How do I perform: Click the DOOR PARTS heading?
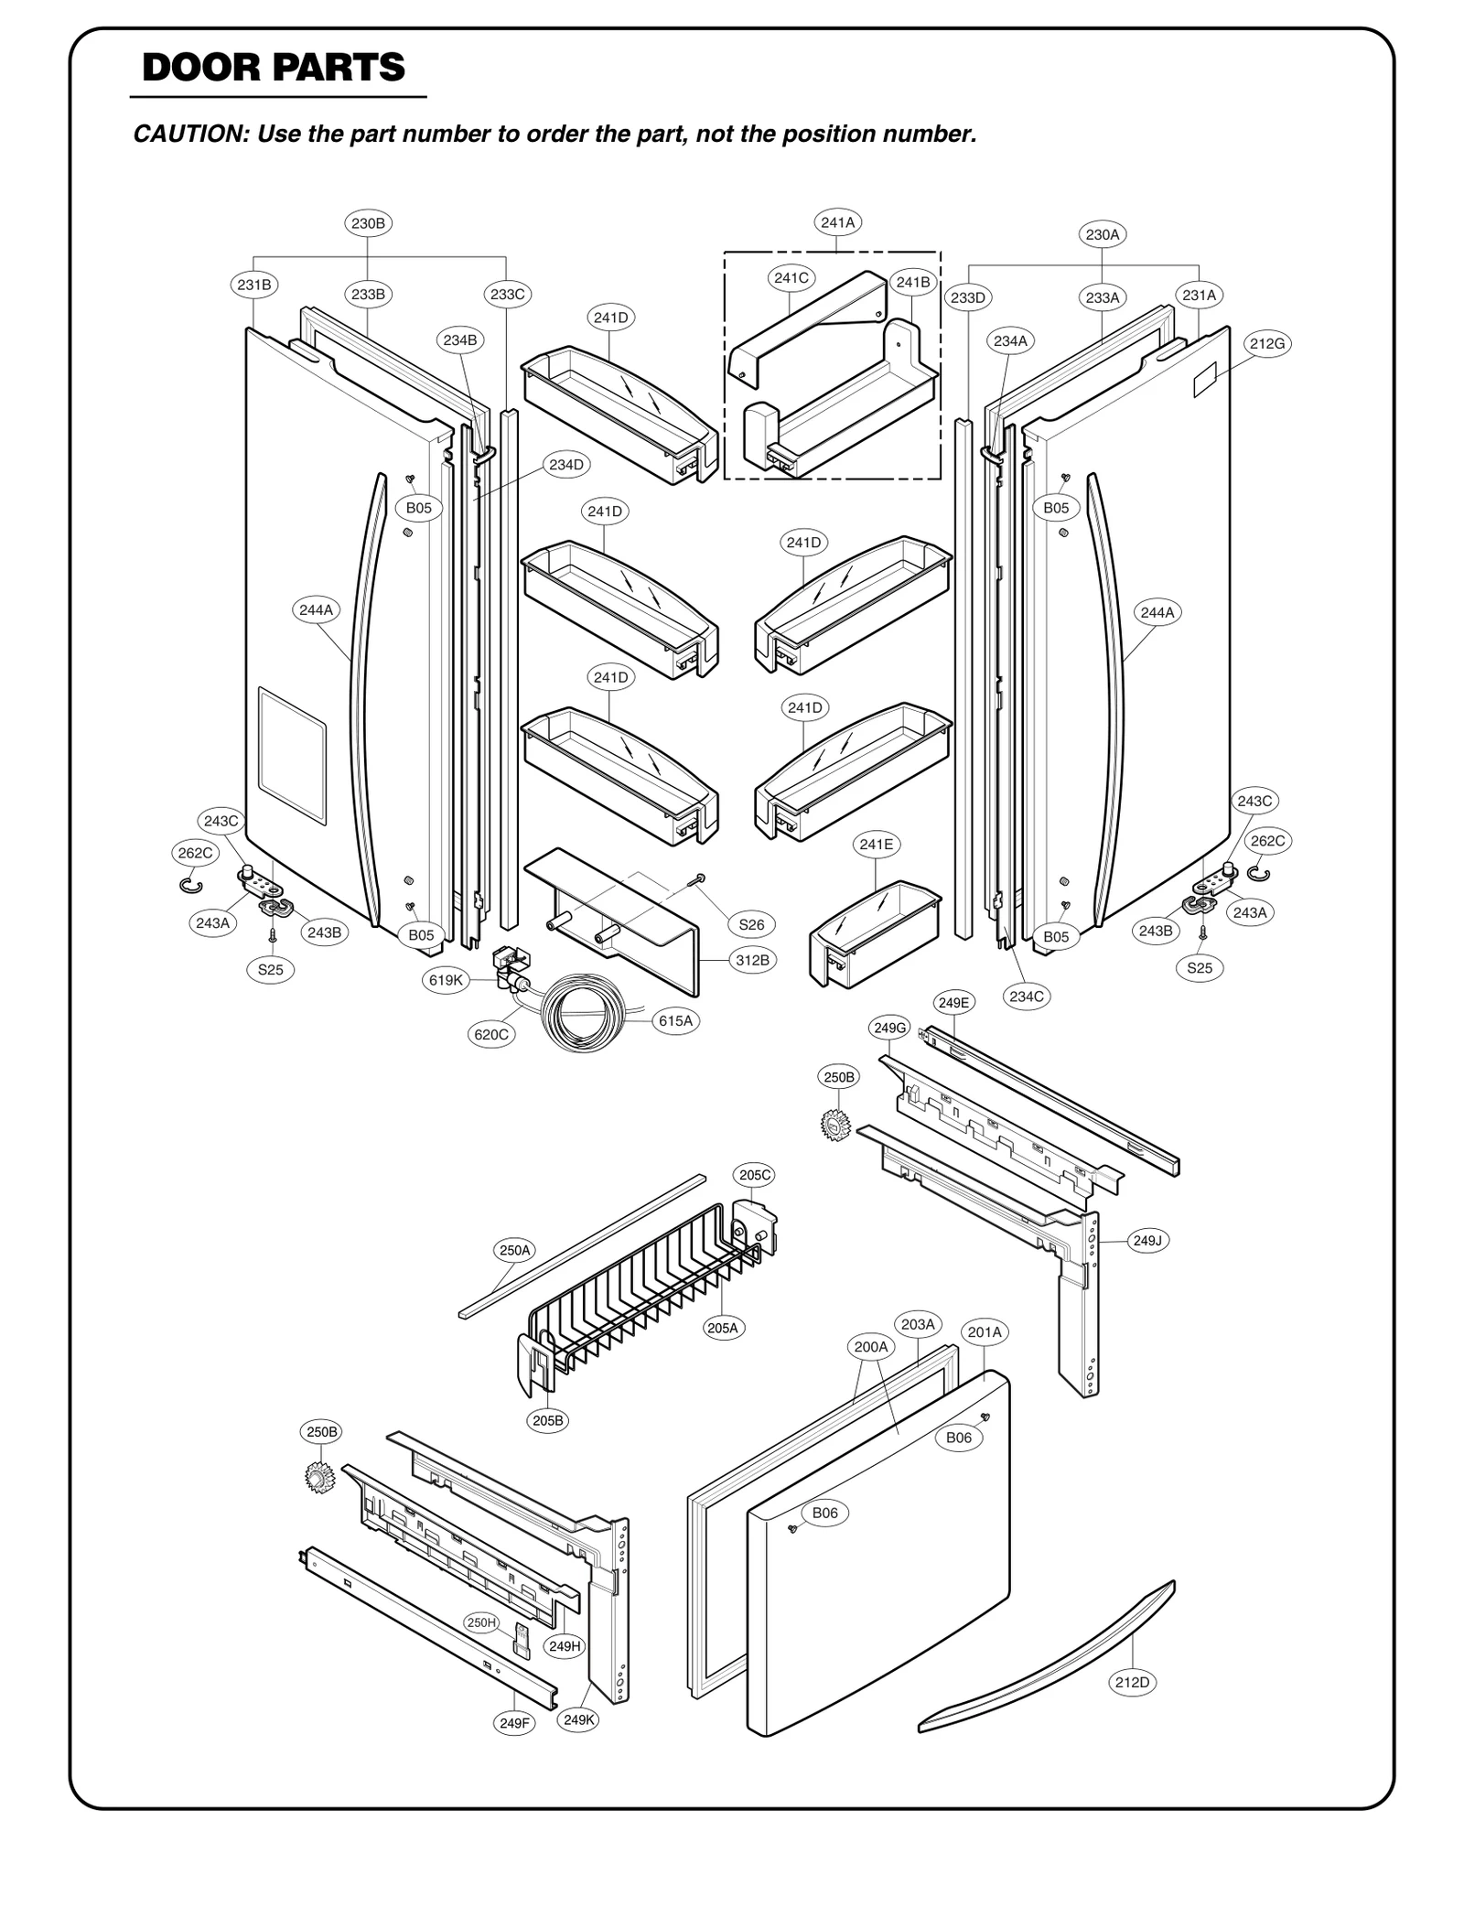(x=274, y=68)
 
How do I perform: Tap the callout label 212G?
(x=1267, y=344)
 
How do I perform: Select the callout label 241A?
(x=837, y=222)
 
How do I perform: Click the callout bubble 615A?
(x=675, y=1020)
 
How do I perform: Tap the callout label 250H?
(x=481, y=1622)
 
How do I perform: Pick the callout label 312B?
(x=752, y=960)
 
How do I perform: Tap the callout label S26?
(x=751, y=924)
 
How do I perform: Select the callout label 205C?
(x=755, y=1175)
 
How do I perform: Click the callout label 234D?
(x=565, y=465)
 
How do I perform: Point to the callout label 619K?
(x=446, y=980)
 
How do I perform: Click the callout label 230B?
(x=368, y=223)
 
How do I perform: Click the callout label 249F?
(x=514, y=1723)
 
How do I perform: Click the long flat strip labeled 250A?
(x=582, y=1246)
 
